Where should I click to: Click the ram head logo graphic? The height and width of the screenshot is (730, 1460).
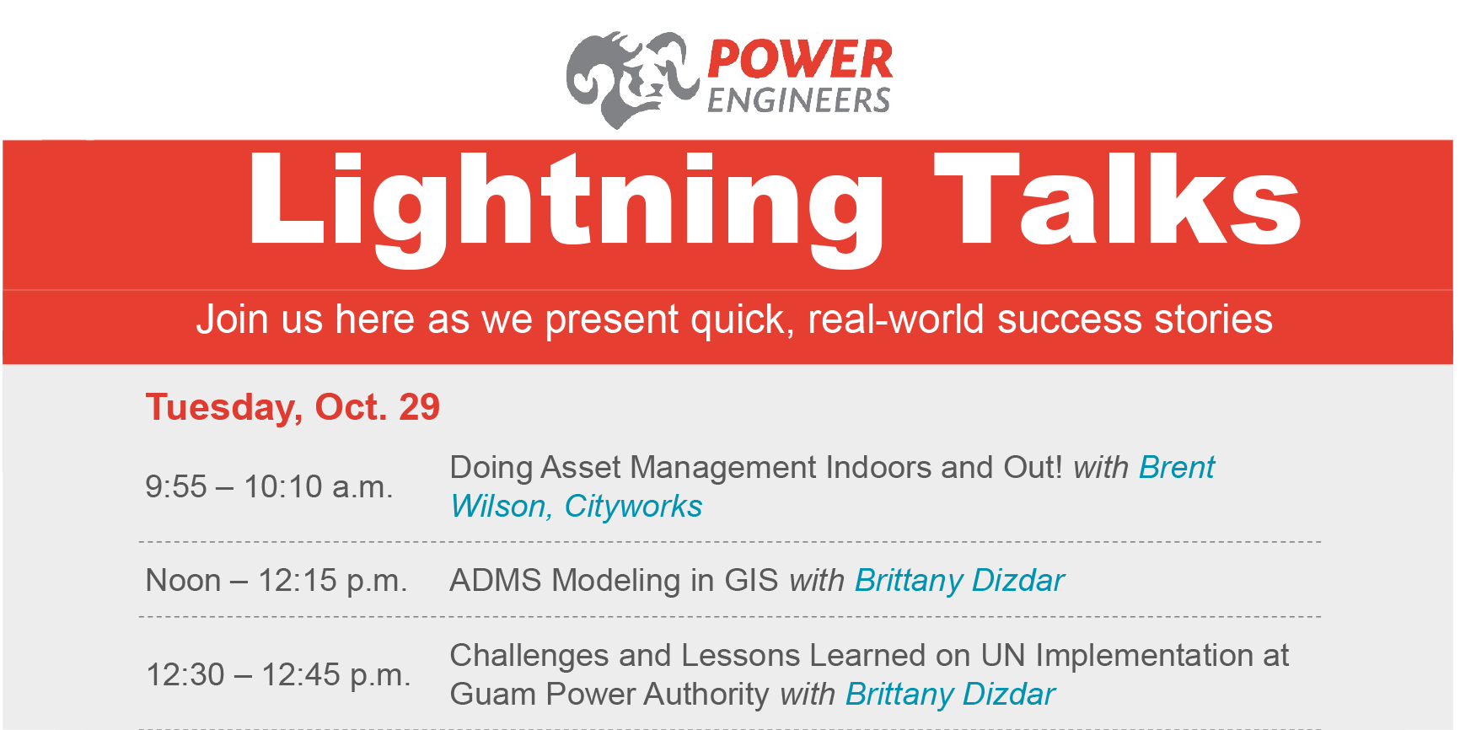[x=631, y=79]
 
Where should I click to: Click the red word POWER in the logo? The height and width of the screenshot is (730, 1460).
[x=799, y=61]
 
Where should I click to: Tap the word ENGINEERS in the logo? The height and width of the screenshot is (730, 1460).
[x=798, y=100]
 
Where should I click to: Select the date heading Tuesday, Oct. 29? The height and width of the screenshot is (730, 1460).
[x=293, y=407]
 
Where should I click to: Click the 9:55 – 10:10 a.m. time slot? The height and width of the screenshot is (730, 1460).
[x=269, y=487]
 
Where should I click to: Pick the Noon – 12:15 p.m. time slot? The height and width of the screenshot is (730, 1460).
[x=276, y=581]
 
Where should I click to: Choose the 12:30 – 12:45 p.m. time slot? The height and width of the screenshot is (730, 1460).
[x=278, y=675]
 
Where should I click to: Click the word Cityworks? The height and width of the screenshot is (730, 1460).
[x=633, y=507]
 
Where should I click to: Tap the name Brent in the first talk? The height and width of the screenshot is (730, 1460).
[x=1177, y=468]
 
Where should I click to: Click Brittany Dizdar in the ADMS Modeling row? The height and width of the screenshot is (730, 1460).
[x=959, y=581]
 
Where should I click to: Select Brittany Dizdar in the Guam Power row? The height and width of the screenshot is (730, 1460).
[x=950, y=695]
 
